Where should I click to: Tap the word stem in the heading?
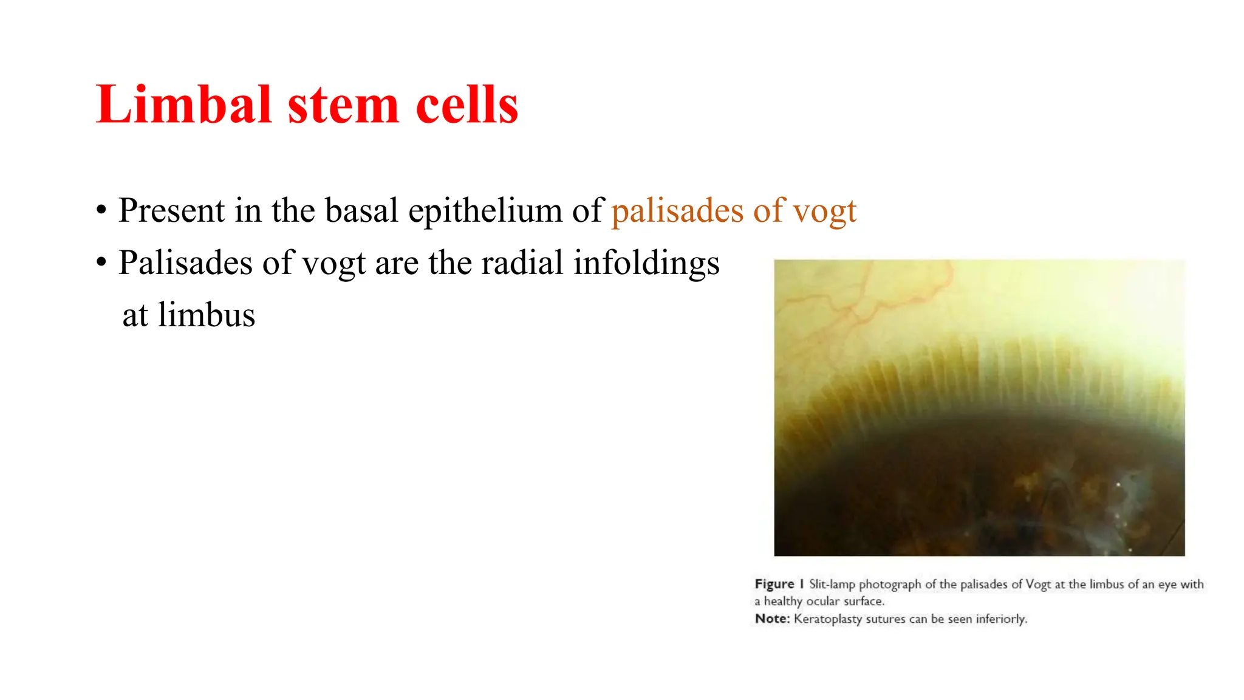click(x=343, y=106)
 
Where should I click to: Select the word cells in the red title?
click(x=467, y=105)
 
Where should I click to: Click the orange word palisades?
click(x=677, y=211)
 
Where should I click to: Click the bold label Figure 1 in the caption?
click(x=779, y=584)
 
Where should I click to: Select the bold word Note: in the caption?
click(x=772, y=619)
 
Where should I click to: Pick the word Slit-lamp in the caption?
click(x=832, y=585)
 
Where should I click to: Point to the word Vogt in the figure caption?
click(x=1038, y=585)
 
